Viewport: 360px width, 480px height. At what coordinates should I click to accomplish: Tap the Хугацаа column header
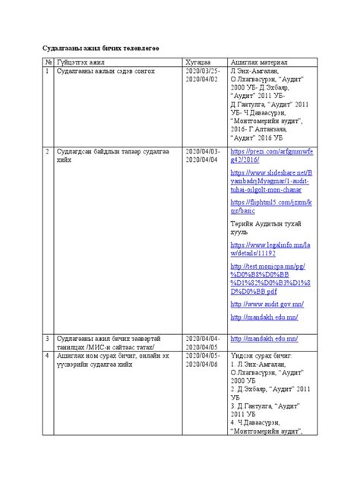tap(199, 61)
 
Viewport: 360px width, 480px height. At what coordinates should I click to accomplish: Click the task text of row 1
tap(100, 71)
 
